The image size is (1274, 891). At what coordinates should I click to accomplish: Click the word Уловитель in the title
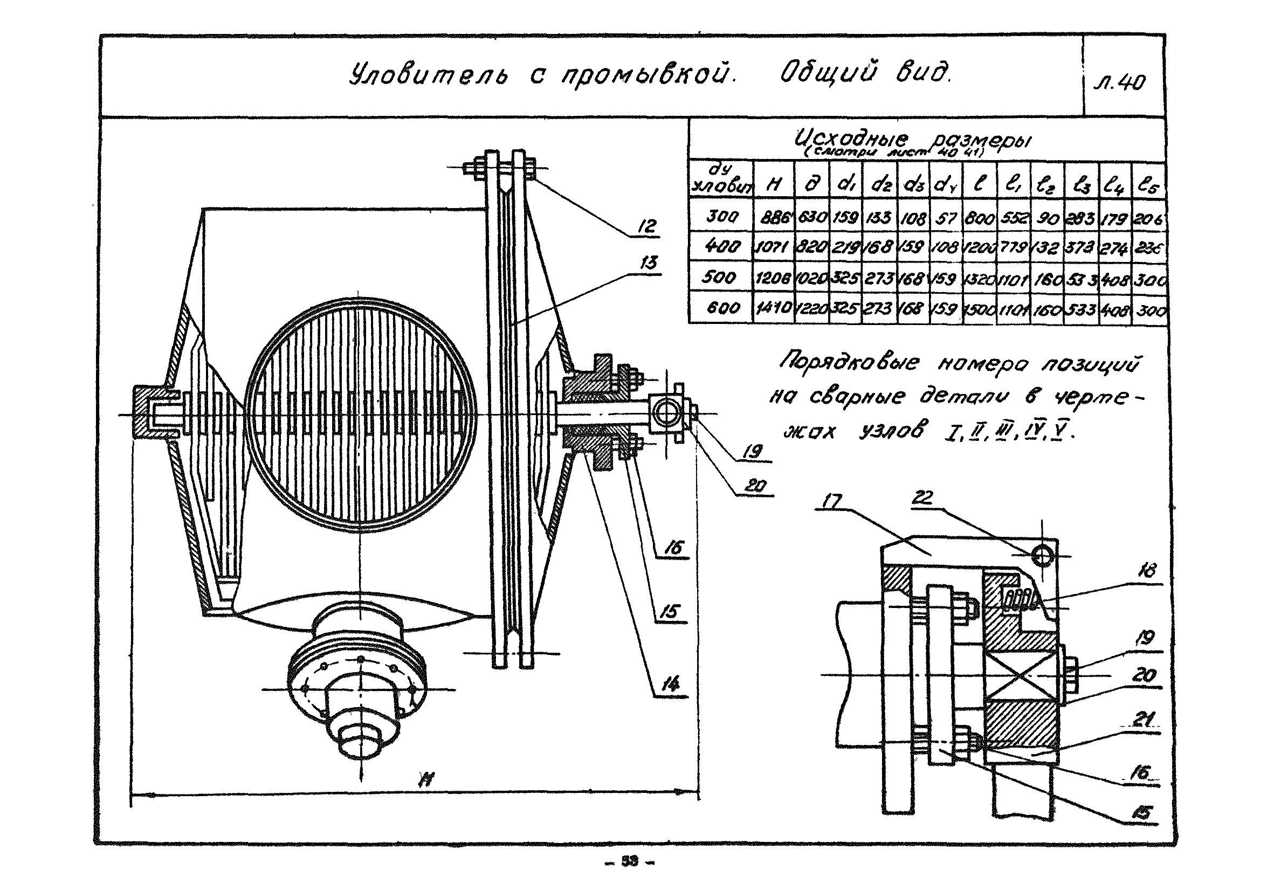pos(427,76)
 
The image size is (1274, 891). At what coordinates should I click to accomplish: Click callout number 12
pos(646,226)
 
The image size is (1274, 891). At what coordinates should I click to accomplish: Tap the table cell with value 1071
pos(773,247)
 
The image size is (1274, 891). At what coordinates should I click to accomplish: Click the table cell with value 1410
pos(773,307)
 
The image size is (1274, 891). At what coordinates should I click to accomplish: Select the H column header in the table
pos(773,185)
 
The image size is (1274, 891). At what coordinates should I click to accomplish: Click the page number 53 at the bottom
pos(630,860)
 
